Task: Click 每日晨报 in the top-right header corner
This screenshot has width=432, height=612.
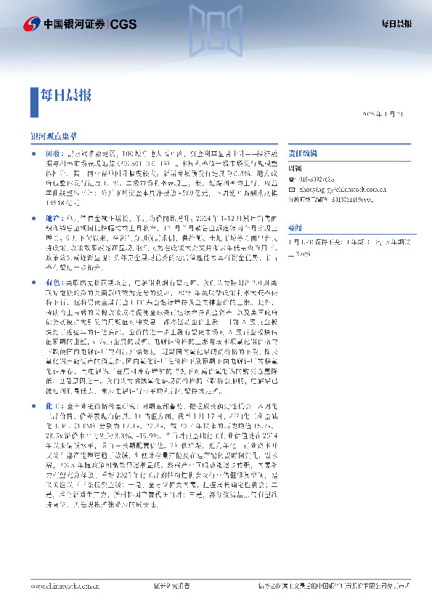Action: click(x=397, y=23)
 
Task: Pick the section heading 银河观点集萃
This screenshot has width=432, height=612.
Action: click(x=54, y=136)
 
